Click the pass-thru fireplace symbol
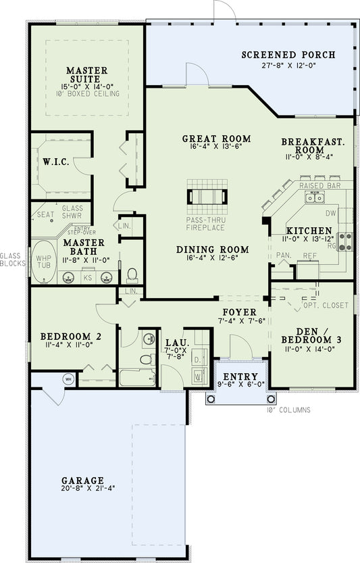pyautogui.click(x=207, y=197)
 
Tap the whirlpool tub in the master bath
pyautogui.click(x=43, y=260)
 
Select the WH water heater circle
pyautogui.click(x=68, y=378)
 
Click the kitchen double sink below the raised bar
pyautogui.click(x=314, y=197)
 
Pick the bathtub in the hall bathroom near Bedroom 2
pyautogui.click(x=138, y=377)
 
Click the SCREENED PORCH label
pyautogui.click(x=288, y=55)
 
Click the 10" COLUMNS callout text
pyautogui.click(x=289, y=410)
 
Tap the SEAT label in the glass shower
pyautogui.click(x=46, y=214)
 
